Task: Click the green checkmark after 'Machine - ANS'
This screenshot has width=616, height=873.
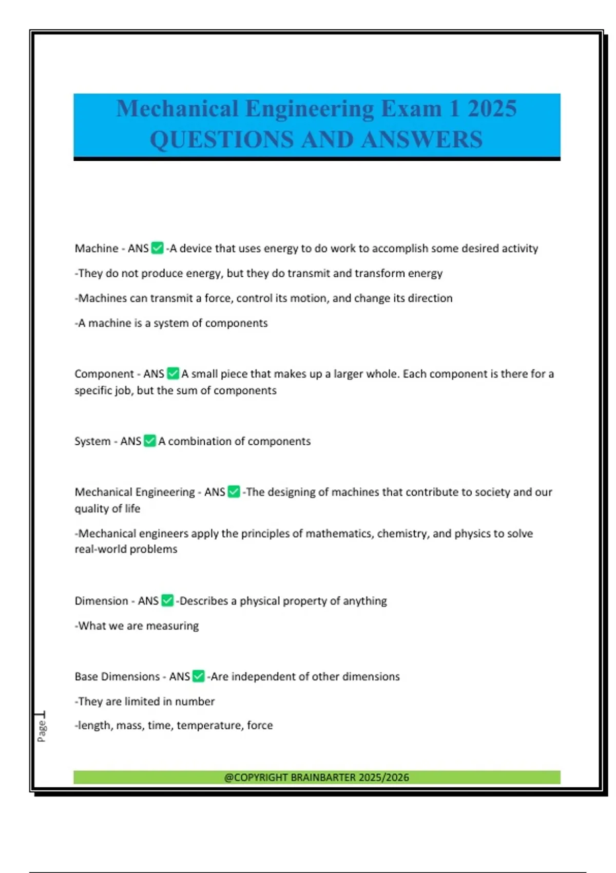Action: point(158,249)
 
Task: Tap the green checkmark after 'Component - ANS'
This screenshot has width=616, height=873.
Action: point(174,374)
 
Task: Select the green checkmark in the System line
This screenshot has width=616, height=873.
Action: point(150,441)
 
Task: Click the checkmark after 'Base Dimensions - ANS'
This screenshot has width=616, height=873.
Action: point(199,676)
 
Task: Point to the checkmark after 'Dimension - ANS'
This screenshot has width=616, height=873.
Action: point(167,600)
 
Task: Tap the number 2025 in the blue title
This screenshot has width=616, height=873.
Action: point(492,109)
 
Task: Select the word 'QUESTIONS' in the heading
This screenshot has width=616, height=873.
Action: point(222,140)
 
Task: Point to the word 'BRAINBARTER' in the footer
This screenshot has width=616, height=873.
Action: point(323,777)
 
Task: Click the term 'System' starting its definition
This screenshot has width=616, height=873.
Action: point(92,441)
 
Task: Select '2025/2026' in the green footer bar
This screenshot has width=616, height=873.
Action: point(384,777)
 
